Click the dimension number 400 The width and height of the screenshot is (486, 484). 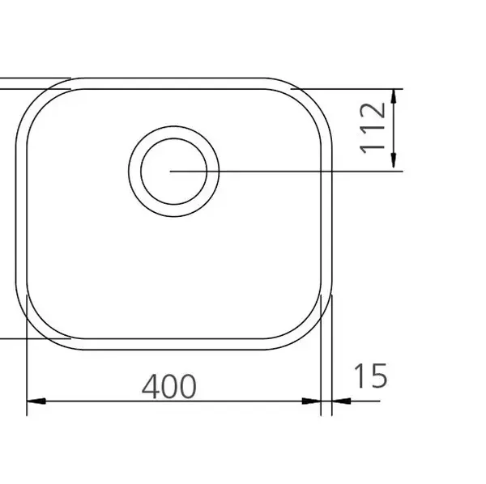click(x=169, y=386)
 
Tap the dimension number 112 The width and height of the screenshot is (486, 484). click(x=373, y=128)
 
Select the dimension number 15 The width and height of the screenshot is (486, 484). click(x=370, y=376)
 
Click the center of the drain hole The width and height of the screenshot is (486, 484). click(x=173, y=172)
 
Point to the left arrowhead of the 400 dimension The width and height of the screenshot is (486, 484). click(x=36, y=401)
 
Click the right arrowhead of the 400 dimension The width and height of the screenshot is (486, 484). click(x=311, y=401)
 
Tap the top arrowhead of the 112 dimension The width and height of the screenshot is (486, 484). click(x=394, y=98)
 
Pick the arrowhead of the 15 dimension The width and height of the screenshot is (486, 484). click(x=341, y=401)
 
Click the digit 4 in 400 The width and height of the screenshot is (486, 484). click(x=151, y=386)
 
